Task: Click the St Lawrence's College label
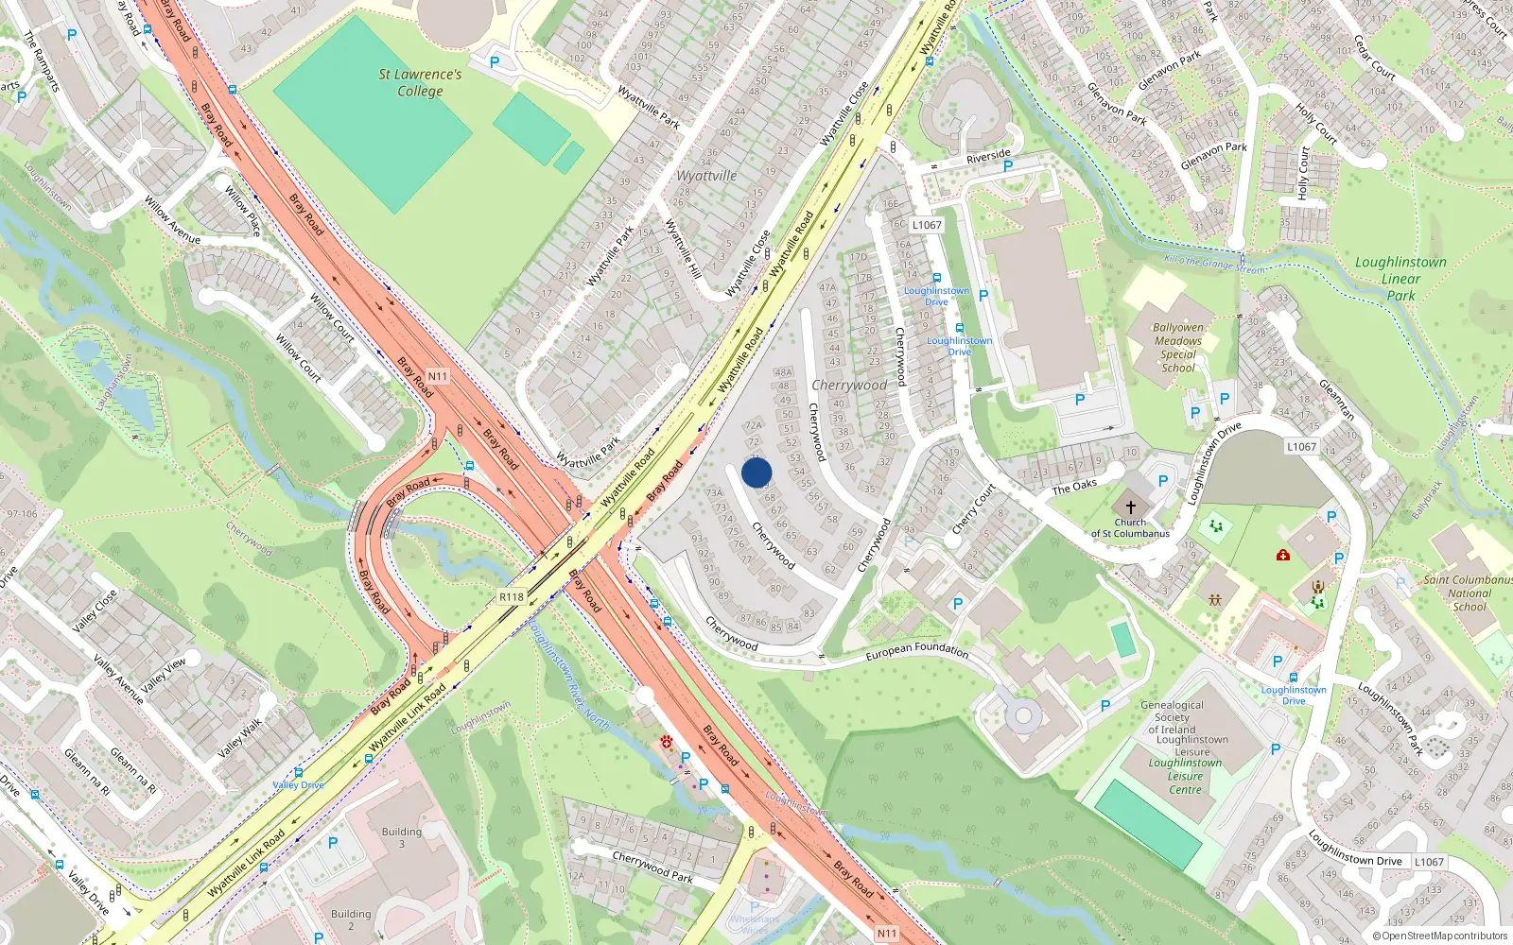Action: (420, 82)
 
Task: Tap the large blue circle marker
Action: (756, 472)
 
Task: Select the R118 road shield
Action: (512, 597)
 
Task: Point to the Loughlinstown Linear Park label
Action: (1400, 279)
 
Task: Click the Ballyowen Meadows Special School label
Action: (1178, 348)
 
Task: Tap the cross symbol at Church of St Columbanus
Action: (1130, 507)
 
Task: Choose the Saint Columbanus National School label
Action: (1469, 593)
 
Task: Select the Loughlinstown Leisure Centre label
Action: (1186, 776)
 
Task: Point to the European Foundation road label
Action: (917, 650)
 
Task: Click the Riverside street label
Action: (988, 157)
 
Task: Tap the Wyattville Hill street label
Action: (683, 248)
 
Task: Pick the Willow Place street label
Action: (242, 210)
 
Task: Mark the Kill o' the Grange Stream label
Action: (1213, 264)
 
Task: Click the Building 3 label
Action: (402, 837)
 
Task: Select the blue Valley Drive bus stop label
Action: (298, 785)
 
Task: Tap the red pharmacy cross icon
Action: (1283, 555)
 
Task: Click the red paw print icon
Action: (667, 742)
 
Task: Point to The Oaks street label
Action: (1074, 487)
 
